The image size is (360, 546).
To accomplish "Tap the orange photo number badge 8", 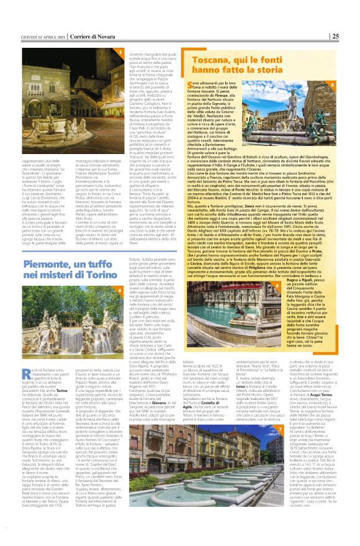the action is pos(350,84).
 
